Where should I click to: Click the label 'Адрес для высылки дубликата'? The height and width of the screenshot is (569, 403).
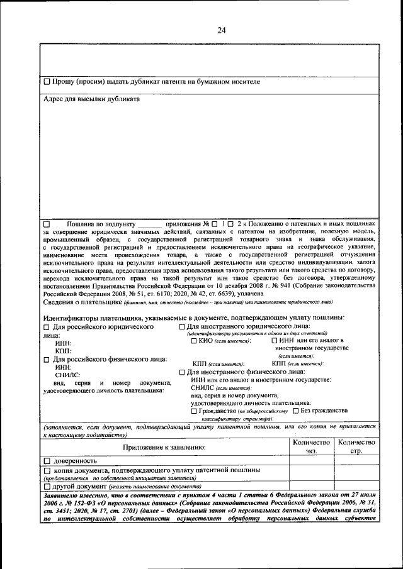[x=91, y=99]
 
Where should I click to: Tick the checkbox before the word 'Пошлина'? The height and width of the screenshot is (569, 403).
[x=47, y=224]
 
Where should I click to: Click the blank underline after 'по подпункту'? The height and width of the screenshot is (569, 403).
[x=149, y=224]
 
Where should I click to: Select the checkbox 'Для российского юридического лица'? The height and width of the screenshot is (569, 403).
[x=47, y=328]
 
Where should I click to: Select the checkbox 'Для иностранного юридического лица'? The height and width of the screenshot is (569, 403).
[x=182, y=328]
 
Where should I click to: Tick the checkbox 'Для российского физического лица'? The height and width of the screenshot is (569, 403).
[x=47, y=360]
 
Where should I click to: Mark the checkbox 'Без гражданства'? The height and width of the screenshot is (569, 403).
[x=296, y=411]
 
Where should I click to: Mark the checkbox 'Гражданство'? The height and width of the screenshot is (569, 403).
[x=194, y=411]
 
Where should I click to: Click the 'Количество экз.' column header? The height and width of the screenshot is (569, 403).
[x=311, y=447]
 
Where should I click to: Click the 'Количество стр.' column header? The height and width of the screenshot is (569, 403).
[x=356, y=447]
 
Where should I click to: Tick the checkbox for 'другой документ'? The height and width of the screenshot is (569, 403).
[x=47, y=486]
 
